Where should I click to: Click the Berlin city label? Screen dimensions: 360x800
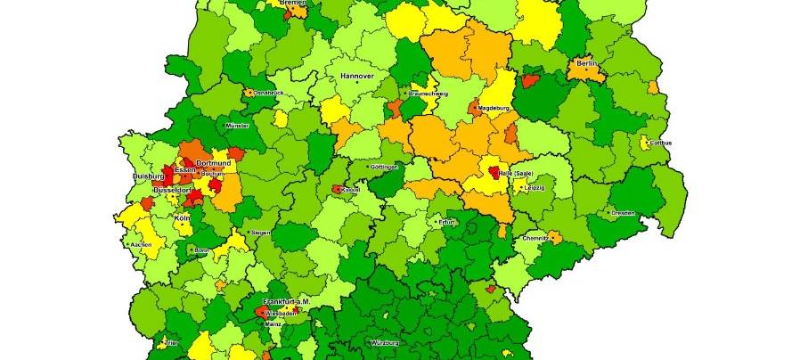tap(586, 65)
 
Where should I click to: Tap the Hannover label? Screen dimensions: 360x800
tap(355, 77)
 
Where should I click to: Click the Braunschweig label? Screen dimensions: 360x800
tap(429, 93)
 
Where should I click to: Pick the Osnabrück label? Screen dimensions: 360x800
tap(268, 92)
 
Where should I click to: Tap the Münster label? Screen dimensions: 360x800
tap(238, 127)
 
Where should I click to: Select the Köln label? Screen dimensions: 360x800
tap(183, 218)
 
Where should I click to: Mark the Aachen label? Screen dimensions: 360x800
tap(142, 244)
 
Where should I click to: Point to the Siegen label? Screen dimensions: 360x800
tap(260, 233)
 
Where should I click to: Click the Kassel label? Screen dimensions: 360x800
tap(352, 190)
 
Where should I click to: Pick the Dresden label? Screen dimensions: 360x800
tap(623, 213)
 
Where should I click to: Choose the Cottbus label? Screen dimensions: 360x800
tap(660, 143)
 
